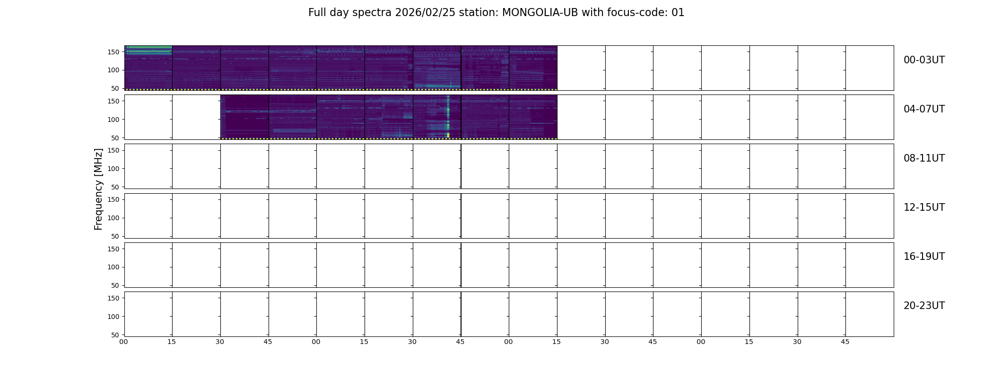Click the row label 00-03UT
point(924,60)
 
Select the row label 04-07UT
point(924,109)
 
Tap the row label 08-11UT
point(924,158)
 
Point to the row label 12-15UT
point(924,207)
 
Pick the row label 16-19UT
point(924,257)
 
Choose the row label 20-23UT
point(924,306)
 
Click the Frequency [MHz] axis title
point(98,189)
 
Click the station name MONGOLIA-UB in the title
point(540,13)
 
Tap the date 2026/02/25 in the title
point(425,13)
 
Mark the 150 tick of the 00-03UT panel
point(113,52)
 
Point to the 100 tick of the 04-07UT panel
point(113,120)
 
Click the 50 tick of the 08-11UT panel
point(115,187)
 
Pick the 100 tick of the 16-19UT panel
point(113,267)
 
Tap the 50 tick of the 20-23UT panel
point(115,335)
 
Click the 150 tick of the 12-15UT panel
point(113,199)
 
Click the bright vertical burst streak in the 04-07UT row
point(448,117)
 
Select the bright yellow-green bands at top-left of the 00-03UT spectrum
point(148,50)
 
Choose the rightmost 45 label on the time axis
point(845,342)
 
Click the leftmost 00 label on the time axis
point(123,342)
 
